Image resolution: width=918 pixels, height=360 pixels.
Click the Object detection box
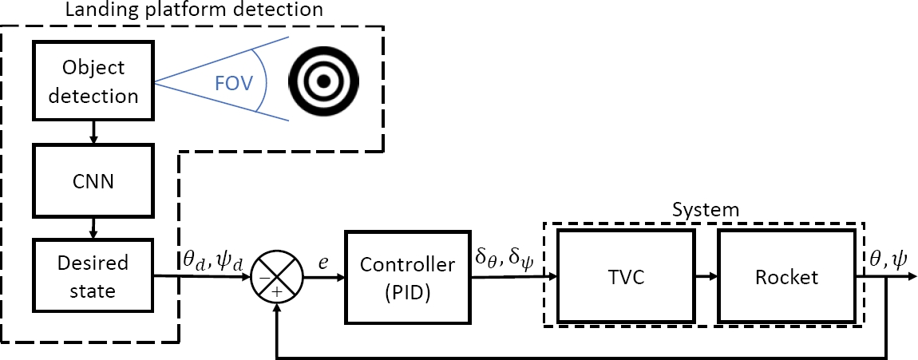coord(93,82)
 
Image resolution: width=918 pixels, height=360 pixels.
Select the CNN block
coord(93,181)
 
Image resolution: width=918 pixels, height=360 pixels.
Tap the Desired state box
coord(93,277)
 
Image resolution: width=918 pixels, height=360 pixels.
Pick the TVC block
coord(622,277)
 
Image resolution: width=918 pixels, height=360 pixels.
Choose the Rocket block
coord(785,277)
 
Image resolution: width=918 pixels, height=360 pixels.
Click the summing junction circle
coord(277,277)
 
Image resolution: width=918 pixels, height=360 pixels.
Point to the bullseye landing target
coord(324,81)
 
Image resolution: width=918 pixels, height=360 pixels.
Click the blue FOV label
coord(231,82)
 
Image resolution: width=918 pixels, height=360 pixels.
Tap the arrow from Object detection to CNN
coord(93,133)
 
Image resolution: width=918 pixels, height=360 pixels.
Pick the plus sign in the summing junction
coord(277,291)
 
